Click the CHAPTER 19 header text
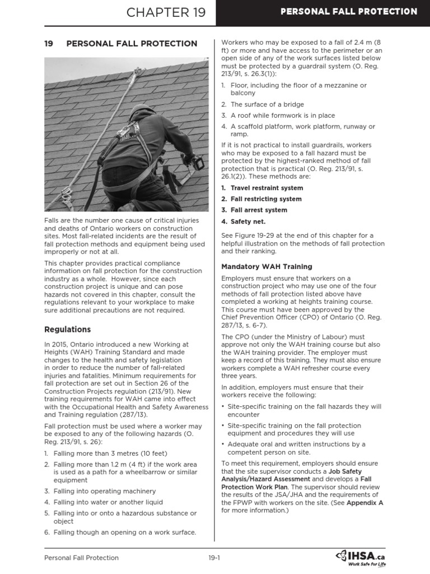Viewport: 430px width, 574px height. click(166, 12)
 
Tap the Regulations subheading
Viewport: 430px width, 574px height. click(67, 330)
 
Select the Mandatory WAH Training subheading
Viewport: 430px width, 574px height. click(267, 266)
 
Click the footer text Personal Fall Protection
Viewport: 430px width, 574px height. click(81, 558)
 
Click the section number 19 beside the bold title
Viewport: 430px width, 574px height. click(49, 44)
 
